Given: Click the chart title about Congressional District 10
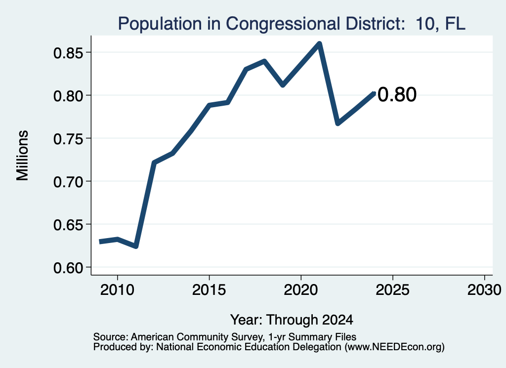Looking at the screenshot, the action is point(292,24).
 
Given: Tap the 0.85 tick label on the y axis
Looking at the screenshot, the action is point(68,53).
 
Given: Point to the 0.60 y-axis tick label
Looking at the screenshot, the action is point(68,268).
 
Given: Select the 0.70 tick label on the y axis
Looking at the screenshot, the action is point(68,182).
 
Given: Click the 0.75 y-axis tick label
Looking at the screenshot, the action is point(68,139).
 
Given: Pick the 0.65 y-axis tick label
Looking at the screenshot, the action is point(68,225).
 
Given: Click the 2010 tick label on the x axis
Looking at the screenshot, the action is point(117,289).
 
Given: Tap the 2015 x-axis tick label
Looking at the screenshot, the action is point(209,289).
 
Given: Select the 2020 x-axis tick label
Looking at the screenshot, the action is point(301,289).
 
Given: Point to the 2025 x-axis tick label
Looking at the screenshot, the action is point(393,289).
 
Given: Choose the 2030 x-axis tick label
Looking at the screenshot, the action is point(484,289).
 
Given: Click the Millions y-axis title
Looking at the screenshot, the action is point(22,156).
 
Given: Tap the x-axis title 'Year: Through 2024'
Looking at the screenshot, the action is point(292,320).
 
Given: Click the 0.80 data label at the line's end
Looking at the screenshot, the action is point(397,94).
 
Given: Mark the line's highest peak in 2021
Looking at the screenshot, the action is point(319,43).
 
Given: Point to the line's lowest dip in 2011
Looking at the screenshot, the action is point(136,246).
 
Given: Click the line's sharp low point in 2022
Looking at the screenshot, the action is point(337,123).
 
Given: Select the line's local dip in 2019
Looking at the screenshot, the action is point(283,85).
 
